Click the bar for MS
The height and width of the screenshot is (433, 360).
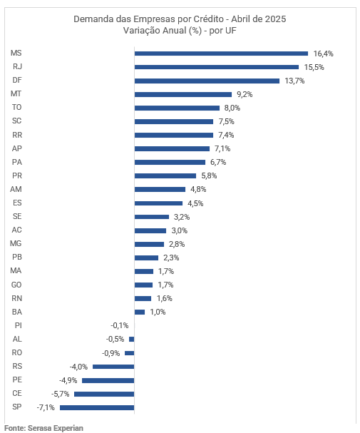(221, 54)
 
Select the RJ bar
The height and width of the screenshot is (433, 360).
(217, 67)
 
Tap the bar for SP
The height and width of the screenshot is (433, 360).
(97, 407)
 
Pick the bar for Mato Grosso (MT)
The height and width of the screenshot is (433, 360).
(183, 94)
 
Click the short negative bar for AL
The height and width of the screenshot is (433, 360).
(132, 340)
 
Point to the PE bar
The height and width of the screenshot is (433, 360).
(108, 380)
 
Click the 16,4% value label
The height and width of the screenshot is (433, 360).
(324, 54)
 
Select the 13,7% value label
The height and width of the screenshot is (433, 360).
(294, 81)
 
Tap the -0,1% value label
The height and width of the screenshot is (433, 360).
(120, 325)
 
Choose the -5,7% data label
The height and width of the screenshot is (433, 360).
(60, 394)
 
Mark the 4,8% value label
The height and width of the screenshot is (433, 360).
(198, 190)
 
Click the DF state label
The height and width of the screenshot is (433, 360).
(17, 80)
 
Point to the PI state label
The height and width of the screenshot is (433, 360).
(19, 325)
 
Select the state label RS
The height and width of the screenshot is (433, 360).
(17, 366)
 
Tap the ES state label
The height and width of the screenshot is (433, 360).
(17, 203)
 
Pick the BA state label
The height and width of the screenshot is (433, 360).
(17, 312)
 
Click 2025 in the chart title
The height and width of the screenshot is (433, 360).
(276, 19)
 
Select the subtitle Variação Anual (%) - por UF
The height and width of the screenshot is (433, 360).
(180, 31)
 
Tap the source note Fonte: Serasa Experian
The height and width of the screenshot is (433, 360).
(43, 428)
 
